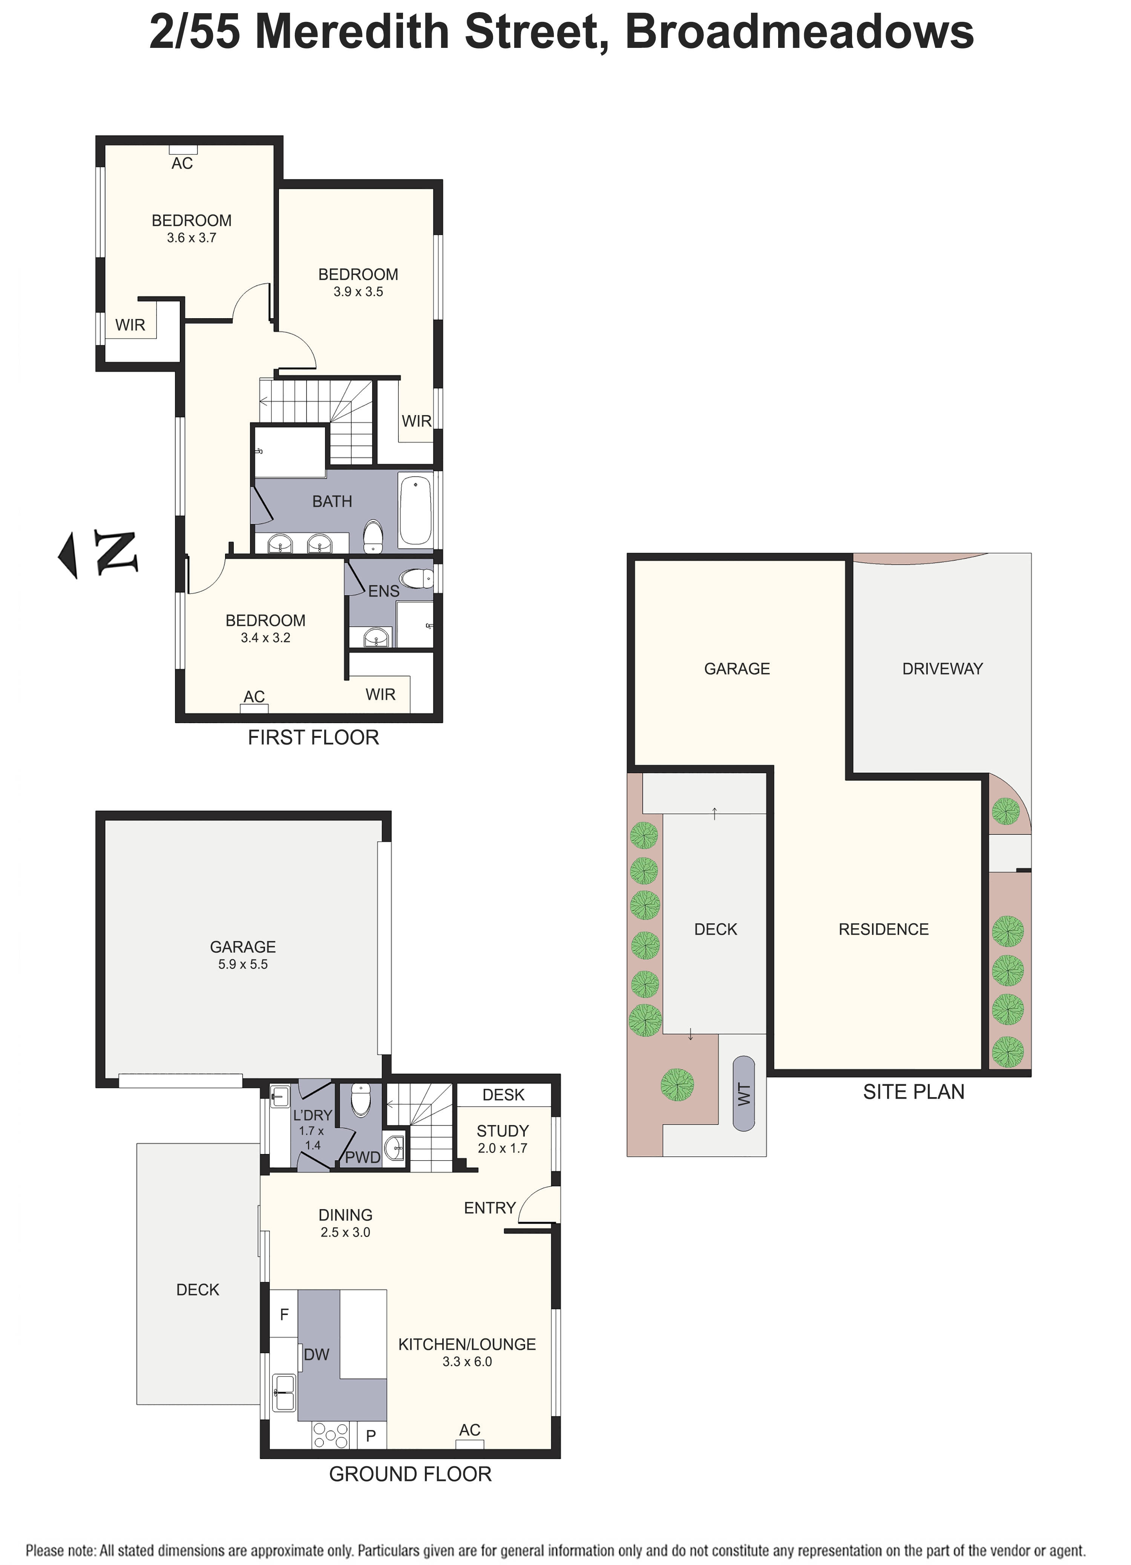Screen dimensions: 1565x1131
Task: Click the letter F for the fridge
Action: pyautogui.click(x=284, y=1315)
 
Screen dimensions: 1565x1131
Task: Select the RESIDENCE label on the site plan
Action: pyautogui.click(x=883, y=929)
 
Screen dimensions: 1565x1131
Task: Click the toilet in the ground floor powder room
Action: pyautogui.click(x=361, y=1100)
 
